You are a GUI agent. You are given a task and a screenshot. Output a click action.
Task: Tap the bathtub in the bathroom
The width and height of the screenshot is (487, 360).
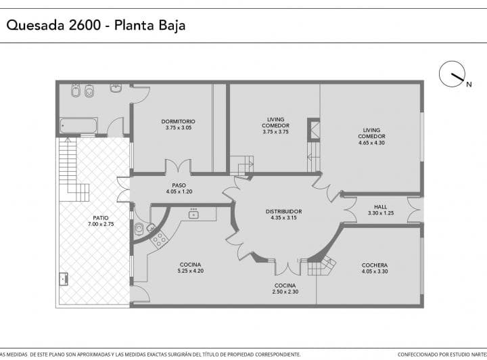tap(78, 126)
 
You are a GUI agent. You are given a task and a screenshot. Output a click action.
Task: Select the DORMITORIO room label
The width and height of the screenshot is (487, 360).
tap(179, 121)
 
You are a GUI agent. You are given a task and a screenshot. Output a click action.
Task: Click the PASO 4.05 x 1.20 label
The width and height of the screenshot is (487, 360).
tap(179, 189)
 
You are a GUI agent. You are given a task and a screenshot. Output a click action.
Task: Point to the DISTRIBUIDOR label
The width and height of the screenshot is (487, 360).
tap(283, 212)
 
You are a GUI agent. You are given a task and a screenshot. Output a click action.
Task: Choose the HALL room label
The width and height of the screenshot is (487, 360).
tap(380, 207)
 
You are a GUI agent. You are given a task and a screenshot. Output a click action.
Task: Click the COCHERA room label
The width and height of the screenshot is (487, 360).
tap(375, 265)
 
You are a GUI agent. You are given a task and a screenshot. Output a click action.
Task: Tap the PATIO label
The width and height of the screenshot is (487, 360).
tap(101, 218)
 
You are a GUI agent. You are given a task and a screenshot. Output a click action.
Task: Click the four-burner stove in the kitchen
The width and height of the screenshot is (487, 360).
tap(159, 239)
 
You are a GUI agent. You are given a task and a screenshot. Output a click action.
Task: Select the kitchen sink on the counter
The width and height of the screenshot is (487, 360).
tap(194, 214)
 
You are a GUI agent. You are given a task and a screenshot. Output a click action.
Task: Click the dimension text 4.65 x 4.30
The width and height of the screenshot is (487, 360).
tap(371, 143)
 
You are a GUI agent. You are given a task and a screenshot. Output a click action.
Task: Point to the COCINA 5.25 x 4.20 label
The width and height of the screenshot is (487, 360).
tap(190, 268)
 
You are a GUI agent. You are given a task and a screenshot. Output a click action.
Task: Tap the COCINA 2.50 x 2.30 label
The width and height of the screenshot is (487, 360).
tap(285, 288)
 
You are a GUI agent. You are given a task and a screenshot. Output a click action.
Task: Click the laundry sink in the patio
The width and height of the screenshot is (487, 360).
tap(64, 279)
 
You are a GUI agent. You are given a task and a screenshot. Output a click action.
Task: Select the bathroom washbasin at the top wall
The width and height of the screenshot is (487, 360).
tap(116, 87)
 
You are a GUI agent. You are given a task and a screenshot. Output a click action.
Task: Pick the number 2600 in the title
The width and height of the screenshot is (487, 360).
tap(85, 25)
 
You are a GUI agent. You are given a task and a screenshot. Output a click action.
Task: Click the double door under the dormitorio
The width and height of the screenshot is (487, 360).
tap(178, 166)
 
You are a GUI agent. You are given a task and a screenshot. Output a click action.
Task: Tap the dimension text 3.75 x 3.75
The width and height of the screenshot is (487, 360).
tap(275, 132)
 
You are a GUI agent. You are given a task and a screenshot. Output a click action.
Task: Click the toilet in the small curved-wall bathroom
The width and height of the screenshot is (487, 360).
tap(139, 229)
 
